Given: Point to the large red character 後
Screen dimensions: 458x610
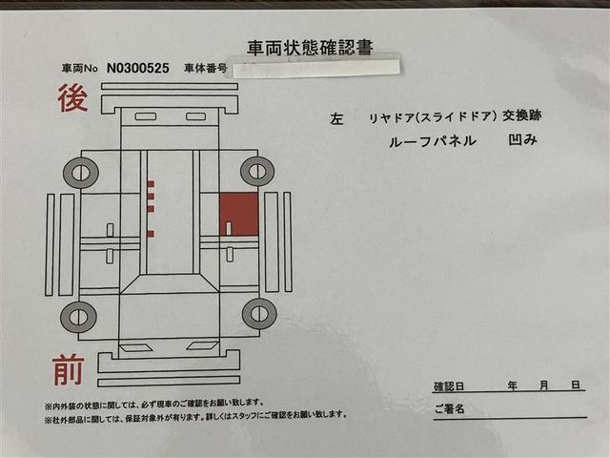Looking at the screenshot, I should pyautogui.click(x=72, y=98).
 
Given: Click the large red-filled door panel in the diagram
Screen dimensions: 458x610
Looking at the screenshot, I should pyautogui.click(x=238, y=214).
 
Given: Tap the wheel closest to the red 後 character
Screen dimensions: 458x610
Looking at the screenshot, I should pyautogui.click(x=81, y=173).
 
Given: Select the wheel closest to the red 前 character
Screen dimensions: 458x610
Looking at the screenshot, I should pyautogui.click(x=78, y=316).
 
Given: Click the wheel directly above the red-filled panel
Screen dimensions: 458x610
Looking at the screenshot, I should pyautogui.click(x=257, y=171).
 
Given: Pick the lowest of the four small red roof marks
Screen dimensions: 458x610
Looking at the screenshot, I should pyautogui.click(x=151, y=232).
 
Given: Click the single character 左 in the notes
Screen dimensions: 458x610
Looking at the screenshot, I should pyautogui.click(x=336, y=119).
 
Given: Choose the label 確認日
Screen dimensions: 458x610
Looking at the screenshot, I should pyautogui.click(x=449, y=386).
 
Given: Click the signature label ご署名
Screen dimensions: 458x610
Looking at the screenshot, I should pyautogui.click(x=449, y=409).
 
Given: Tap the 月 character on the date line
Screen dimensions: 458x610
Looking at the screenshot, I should pyautogui.click(x=544, y=385).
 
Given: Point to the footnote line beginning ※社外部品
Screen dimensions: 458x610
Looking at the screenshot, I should pyautogui.click(x=195, y=415).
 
